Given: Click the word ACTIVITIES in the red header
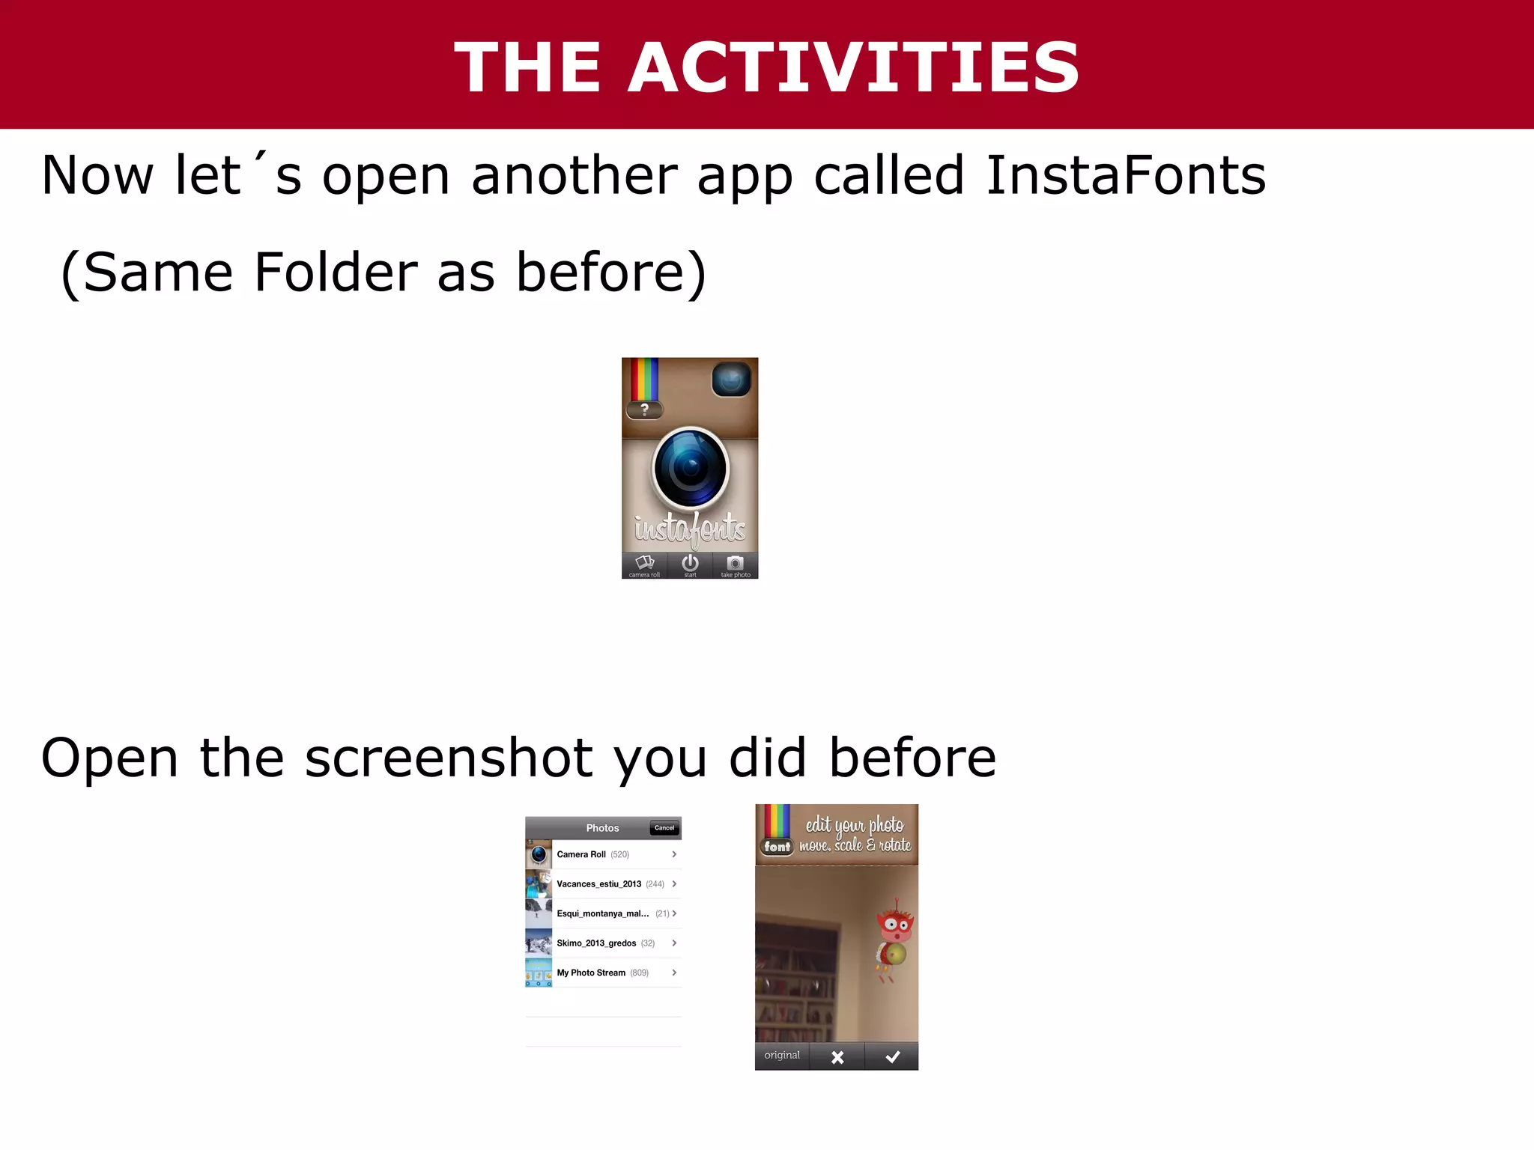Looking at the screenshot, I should pos(852,67).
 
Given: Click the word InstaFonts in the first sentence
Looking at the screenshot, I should pos(1125,176).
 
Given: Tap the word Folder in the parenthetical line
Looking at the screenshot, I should pos(336,272).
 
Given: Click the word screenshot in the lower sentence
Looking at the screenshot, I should pos(449,758).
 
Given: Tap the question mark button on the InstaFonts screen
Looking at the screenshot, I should pos(644,410).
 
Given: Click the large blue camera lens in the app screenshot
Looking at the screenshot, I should pos(690,468).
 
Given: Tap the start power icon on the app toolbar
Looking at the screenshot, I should pos(690,564).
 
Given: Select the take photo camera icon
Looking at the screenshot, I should pos(736,564).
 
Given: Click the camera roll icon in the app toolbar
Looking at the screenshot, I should pos(644,564).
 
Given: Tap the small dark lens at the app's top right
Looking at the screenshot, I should pos(731,380).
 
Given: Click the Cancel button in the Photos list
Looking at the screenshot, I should pos(664,828).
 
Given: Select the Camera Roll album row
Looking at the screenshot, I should pos(603,854).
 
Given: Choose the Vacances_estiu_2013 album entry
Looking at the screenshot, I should pos(603,884).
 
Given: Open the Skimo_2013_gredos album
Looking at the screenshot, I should pos(603,943).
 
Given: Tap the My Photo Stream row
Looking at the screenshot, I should pos(603,973).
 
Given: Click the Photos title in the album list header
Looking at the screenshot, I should pos(602,828).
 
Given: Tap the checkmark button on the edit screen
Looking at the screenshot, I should pos(892,1056).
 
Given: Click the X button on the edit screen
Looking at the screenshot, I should pos(837,1056).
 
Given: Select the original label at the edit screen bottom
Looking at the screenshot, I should pos(782,1056).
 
